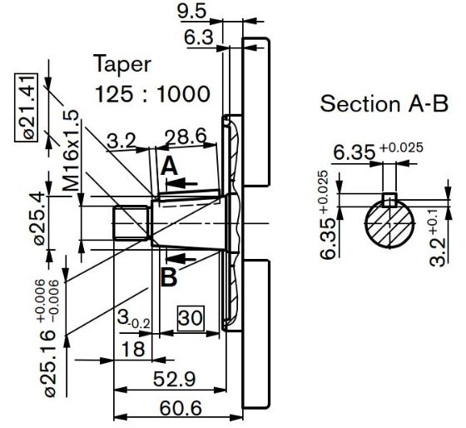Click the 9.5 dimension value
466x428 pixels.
191,12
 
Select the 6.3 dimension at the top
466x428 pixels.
199,37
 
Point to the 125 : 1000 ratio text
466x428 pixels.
153,94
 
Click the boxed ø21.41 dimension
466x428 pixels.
27,107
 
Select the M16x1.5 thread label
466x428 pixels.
71,150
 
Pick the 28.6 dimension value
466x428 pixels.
186,137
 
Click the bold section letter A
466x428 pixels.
169,167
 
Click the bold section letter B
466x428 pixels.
169,277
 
